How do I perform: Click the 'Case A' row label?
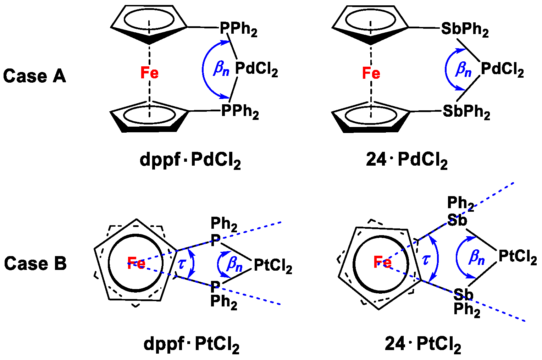pos(34,76)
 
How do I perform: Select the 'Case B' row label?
pos(35,263)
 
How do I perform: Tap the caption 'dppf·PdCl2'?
pos(190,160)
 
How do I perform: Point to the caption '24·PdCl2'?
pos(406,160)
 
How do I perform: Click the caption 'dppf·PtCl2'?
pos(191,344)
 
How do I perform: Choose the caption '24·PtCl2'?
pos(423,344)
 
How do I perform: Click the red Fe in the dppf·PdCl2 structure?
pos(149,73)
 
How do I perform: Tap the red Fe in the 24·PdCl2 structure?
pos(371,73)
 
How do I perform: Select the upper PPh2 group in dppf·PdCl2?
pos(238,29)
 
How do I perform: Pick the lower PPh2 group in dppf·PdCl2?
pos(240,111)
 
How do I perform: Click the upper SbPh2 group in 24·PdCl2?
pos(465,29)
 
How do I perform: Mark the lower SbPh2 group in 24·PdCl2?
pos(466,112)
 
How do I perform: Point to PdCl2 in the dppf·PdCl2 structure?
pos(256,69)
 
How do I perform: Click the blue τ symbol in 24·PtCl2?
pos(426,260)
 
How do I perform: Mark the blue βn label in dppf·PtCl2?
pos(234,264)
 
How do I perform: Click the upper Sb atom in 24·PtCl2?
pos(457,221)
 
